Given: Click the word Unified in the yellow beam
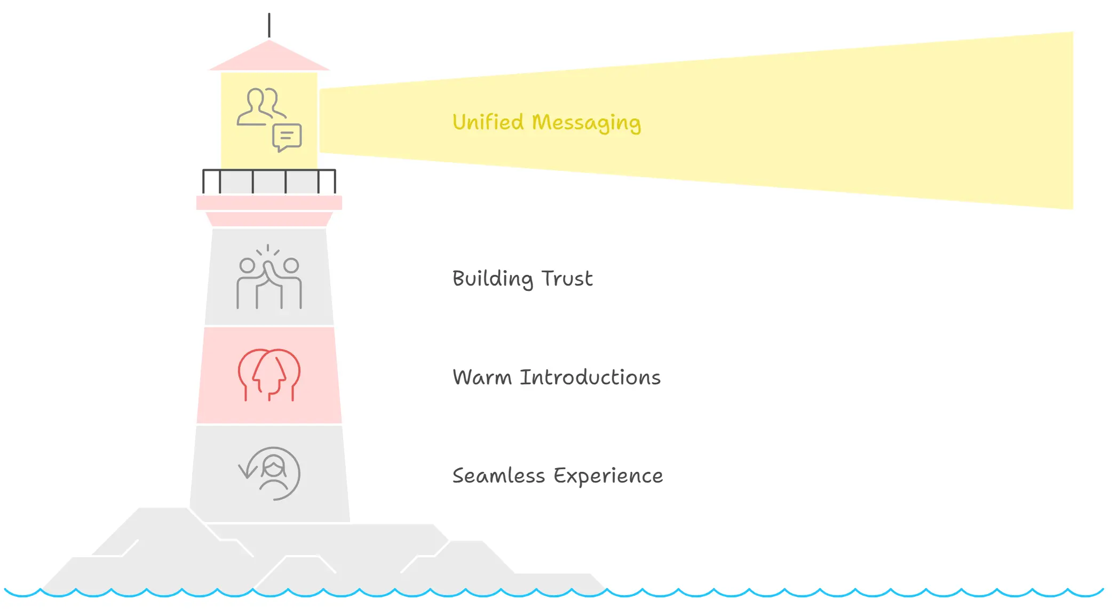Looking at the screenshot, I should pyautogui.click(x=488, y=122).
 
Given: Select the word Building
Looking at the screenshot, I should pyautogui.click(x=492, y=279).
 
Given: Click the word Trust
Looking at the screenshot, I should pyautogui.click(x=567, y=279).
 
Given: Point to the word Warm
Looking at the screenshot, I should pyautogui.click(x=482, y=377).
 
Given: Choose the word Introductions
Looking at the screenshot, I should pyautogui.click(x=590, y=377).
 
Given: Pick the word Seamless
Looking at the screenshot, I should pyautogui.click(x=498, y=476).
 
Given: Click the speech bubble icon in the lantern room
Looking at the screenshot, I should pyautogui.click(x=287, y=138).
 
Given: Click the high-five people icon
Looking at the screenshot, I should pyautogui.click(x=269, y=277).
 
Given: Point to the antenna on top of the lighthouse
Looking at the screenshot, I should pyautogui.click(x=269, y=25).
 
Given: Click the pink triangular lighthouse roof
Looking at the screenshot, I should pyautogui.click(x=269, y=58).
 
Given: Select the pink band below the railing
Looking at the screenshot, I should pyautogui.click(x=269, y=203).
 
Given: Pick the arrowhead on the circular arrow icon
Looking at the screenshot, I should pyautogui.click(x=246, y=472).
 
